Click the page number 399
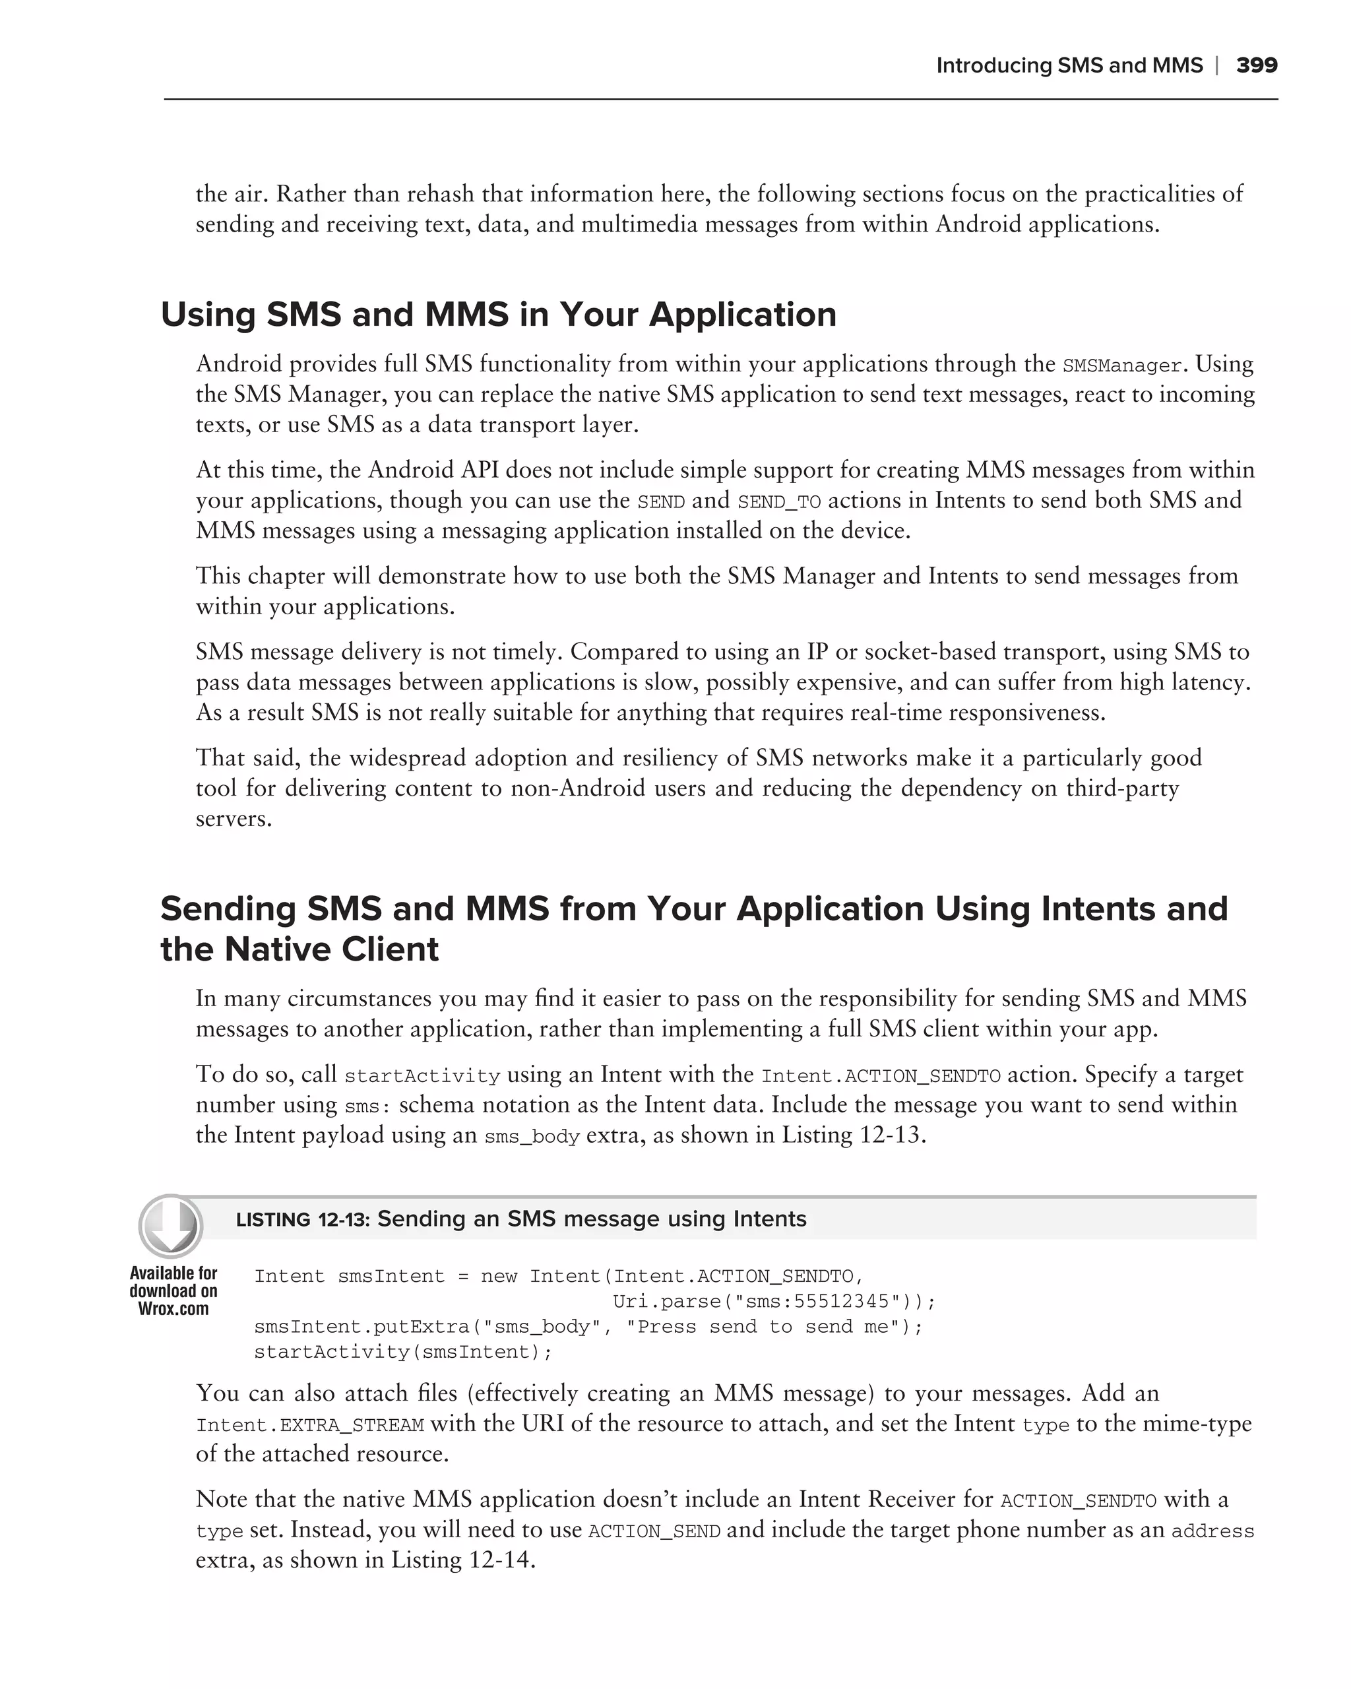pos(1256,66)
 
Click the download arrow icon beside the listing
pos(171,1226)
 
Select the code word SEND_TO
pos(778,502)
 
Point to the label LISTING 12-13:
pos(302,1220)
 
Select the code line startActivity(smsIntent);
pos(403,1352)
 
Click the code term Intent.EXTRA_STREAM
pos(309,1425)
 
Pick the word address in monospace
pos(1212,1531)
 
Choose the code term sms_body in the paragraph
pos(532,1137)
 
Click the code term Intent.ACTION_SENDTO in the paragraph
pos(881,1076)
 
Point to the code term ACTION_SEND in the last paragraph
pos(654,1531)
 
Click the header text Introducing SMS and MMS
pos(1069,66)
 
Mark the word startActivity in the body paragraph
pos(422,1076)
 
